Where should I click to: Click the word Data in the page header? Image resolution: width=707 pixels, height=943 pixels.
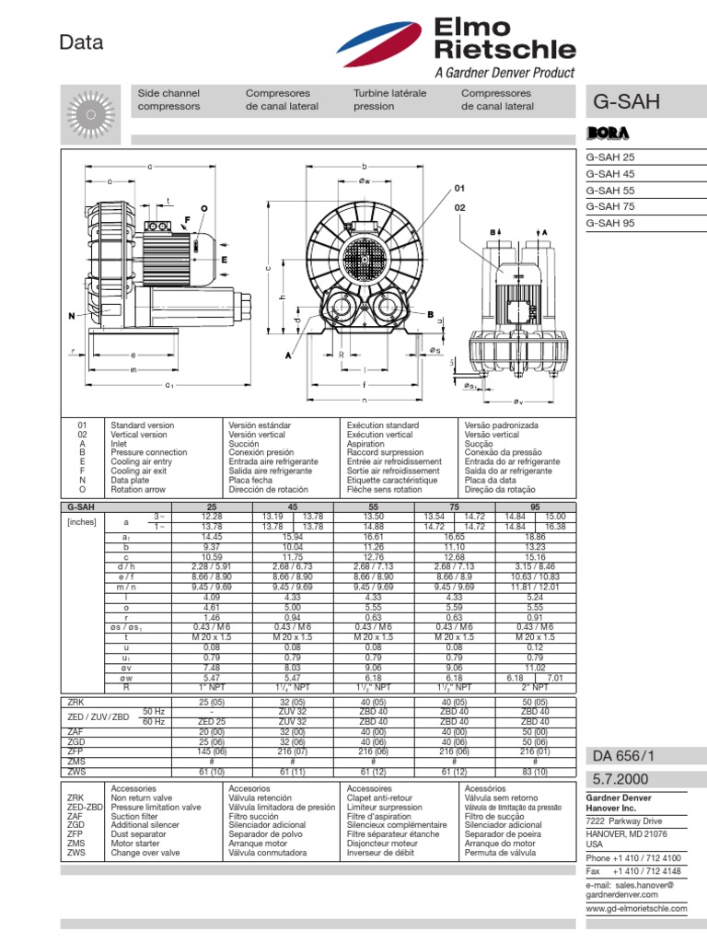(81, 42)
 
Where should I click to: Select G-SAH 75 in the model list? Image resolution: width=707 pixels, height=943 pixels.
(610, 206)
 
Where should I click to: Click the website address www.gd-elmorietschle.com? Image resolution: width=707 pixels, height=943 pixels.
(636, 908)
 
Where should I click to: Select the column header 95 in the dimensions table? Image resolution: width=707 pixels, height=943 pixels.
(534, 507)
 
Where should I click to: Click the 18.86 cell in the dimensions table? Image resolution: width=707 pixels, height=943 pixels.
(534, 535)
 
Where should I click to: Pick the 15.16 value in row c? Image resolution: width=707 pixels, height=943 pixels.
(534, 556)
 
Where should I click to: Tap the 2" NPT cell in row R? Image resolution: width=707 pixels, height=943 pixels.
(534, 687)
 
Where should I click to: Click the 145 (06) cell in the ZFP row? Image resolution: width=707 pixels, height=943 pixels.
(211, 751)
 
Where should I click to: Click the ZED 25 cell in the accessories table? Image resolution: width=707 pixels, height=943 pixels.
(211, 722)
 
